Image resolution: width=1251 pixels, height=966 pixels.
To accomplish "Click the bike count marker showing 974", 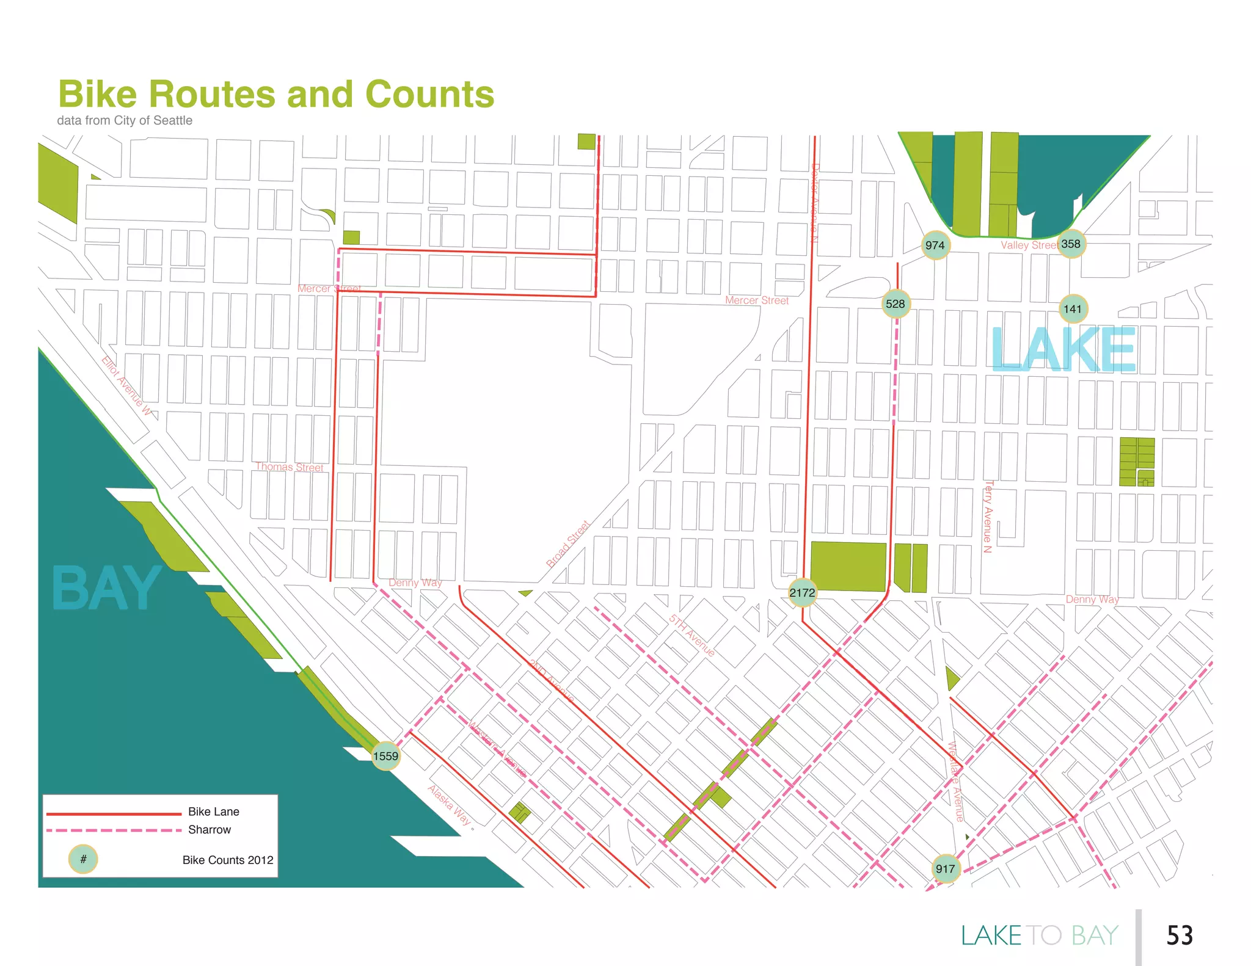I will coord(935,245).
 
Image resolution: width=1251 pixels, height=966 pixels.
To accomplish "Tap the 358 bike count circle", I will coord(1071,244).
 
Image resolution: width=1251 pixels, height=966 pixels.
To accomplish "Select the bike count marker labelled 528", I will coord(895,304).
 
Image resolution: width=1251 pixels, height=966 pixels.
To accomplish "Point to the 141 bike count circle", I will coord(1073,309).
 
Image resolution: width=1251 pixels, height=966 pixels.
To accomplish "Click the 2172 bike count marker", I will coord(802,593).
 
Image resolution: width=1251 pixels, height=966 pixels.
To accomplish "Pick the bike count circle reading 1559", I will coord(386,756).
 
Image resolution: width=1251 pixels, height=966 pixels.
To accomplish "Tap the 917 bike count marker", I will coord(946,869).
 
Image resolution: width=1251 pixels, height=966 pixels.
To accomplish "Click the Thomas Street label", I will coord(290,467).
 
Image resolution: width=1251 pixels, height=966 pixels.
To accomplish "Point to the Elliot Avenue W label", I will coord(126,386).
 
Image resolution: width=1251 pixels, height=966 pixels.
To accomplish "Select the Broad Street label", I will coord(568,544).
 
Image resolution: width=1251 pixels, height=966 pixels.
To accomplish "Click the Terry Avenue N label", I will coord(988,517).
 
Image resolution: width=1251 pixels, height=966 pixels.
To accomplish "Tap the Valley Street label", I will coord(1029,245).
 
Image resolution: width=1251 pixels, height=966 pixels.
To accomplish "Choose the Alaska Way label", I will coord(450,805).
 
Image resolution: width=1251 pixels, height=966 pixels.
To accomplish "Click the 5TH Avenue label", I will coord(691,636).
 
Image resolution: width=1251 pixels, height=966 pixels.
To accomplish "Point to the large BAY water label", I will coord(106,589).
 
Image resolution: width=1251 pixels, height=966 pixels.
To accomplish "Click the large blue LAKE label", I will coord(1063,349).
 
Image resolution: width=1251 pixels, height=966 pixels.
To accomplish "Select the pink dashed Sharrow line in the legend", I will coord(114,830).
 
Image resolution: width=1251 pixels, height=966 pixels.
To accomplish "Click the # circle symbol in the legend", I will coord(83,859).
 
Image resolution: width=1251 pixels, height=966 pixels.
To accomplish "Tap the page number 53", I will coord(1180,935).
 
